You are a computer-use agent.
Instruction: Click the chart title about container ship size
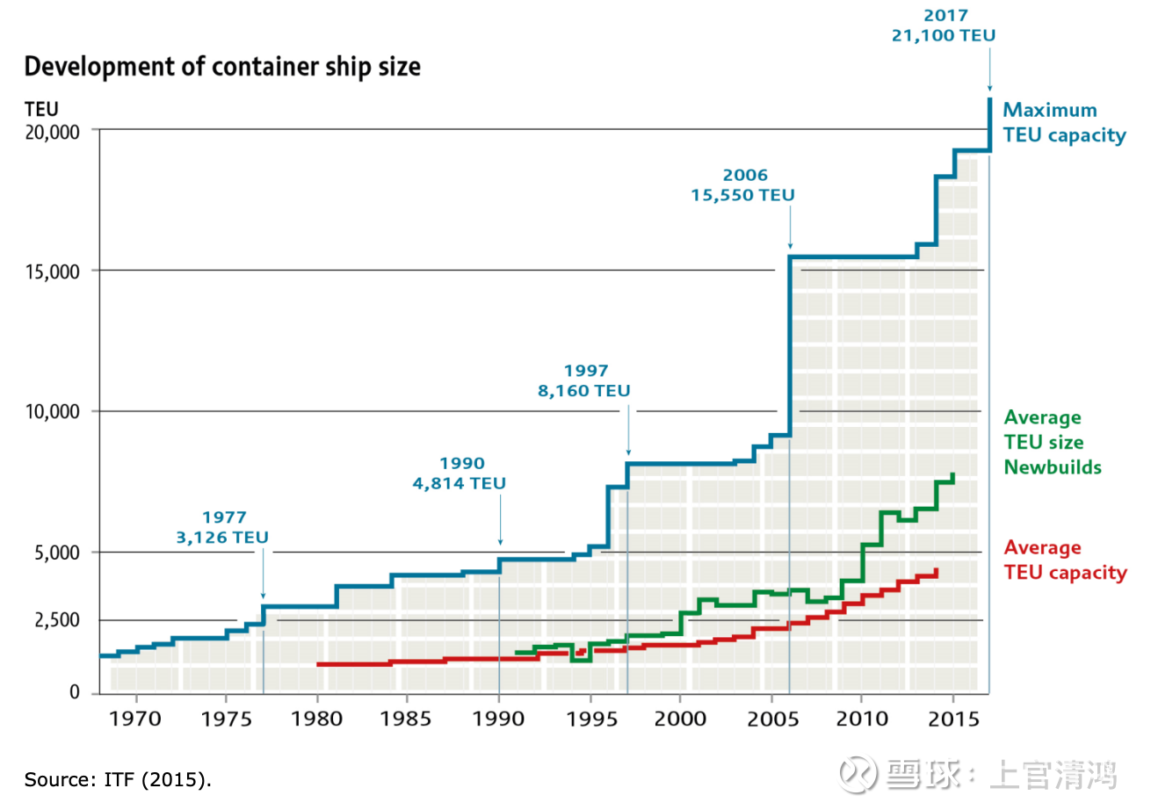222,67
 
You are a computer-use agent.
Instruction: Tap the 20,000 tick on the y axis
50,131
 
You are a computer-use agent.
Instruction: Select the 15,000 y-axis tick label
50,271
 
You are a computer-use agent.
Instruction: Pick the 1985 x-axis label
407,719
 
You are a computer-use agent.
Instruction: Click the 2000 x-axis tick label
679,719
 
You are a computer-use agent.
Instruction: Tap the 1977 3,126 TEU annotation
223,527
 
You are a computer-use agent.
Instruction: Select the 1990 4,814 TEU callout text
460,473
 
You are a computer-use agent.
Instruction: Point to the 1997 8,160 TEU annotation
585,380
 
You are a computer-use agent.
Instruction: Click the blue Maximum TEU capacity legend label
1064,122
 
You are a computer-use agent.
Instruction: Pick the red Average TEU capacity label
1064,560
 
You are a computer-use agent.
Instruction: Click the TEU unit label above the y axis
41,110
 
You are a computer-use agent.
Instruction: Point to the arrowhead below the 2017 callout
990,87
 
